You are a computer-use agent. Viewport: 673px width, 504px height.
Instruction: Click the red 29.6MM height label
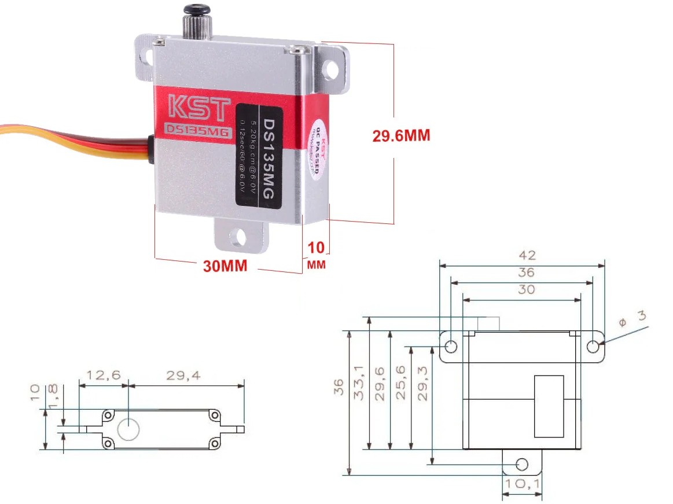401,135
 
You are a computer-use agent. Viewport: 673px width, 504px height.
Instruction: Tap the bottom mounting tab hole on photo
238,237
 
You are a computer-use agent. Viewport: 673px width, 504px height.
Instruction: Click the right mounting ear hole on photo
331,70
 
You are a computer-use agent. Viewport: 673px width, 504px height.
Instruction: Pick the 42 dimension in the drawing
527,255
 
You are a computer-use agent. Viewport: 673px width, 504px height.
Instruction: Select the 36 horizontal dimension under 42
526,272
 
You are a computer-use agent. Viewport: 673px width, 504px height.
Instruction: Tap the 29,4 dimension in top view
183,376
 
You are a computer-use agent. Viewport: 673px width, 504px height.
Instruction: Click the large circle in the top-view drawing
128,429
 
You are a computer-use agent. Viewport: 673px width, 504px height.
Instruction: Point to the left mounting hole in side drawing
451,347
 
